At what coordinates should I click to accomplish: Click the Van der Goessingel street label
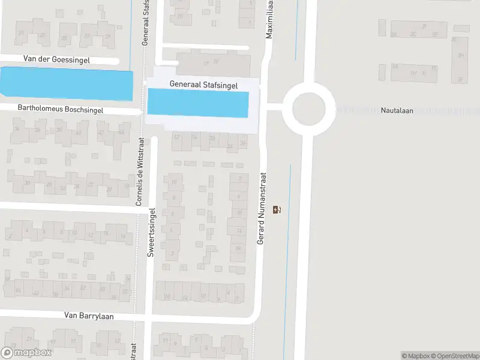point(57,59)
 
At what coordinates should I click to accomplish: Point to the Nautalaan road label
point(397,110)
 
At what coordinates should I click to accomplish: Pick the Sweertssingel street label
point(152,232)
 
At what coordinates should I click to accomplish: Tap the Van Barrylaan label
point(89,316)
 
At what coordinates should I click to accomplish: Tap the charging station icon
point(277,209)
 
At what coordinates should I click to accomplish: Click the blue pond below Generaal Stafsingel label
point(197,104)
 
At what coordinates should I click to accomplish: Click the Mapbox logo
point(26,353)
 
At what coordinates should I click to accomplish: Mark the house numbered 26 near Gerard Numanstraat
point(243,143)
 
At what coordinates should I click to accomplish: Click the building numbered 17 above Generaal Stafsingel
point(206,63)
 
